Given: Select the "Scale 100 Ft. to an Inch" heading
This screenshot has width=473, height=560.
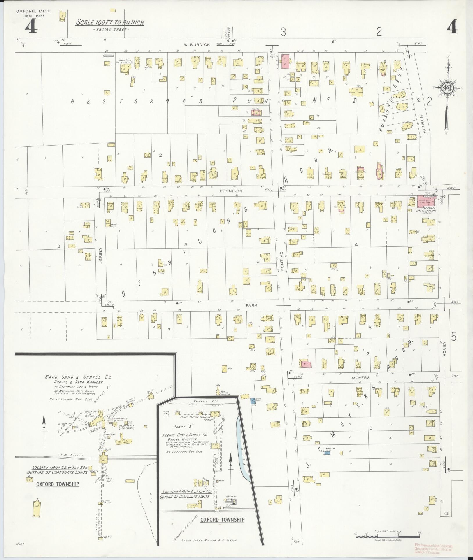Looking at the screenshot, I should point(110,23).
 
